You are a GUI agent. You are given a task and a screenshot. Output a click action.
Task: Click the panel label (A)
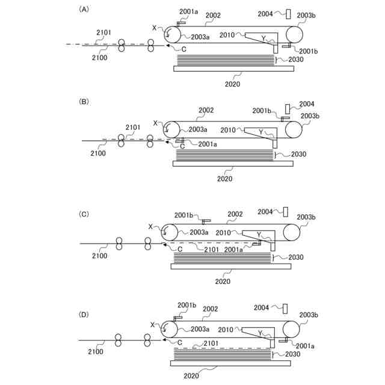(84, 9)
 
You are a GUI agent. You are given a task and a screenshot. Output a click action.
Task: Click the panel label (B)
(84, 102)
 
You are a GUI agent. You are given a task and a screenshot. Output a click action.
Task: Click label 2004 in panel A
(266, 13)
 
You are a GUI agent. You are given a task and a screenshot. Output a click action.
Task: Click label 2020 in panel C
(223, 280)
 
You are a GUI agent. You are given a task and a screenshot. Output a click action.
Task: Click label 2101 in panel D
(211, 343)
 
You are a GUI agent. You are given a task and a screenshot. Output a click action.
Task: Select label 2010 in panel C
(224, 232)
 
